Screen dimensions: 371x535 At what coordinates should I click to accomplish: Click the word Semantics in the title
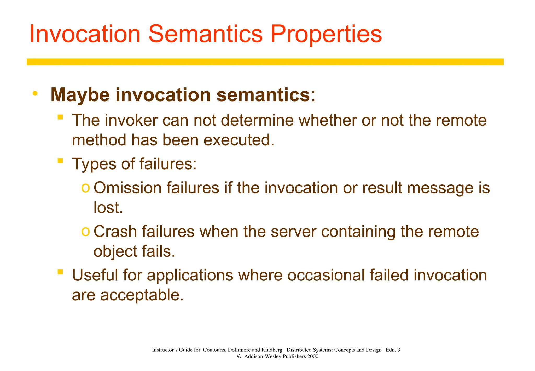pos(205,34)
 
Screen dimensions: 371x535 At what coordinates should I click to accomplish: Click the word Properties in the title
pos(326,34)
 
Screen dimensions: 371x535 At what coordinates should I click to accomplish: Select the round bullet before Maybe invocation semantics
pos(35,93)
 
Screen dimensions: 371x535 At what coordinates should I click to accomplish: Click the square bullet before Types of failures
pos(60,161)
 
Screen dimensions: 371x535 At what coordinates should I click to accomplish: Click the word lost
pos(108,208)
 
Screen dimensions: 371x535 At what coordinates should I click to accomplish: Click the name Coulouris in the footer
pos(214,350)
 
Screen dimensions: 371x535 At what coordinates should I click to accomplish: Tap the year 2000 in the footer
pos(312,356)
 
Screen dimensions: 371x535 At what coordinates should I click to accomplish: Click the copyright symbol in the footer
pos(239,356)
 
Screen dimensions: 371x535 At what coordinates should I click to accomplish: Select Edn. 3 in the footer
pos(393,350)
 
